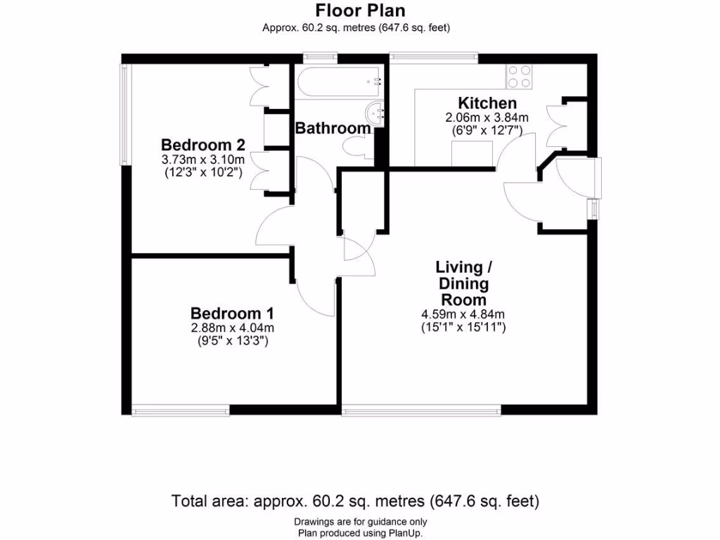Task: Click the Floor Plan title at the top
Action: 360,11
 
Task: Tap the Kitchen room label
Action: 487,103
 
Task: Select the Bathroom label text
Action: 333,129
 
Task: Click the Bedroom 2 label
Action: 202,146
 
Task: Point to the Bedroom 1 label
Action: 232,313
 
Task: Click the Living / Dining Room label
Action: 461,283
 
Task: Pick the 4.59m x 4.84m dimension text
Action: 462,314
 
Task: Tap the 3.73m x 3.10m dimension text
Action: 202,160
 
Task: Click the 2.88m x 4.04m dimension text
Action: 232,328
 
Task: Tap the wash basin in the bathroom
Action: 377,112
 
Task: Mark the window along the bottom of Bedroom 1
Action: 181,409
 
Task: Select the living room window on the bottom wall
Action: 422,409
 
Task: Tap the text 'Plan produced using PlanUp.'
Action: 360,532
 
